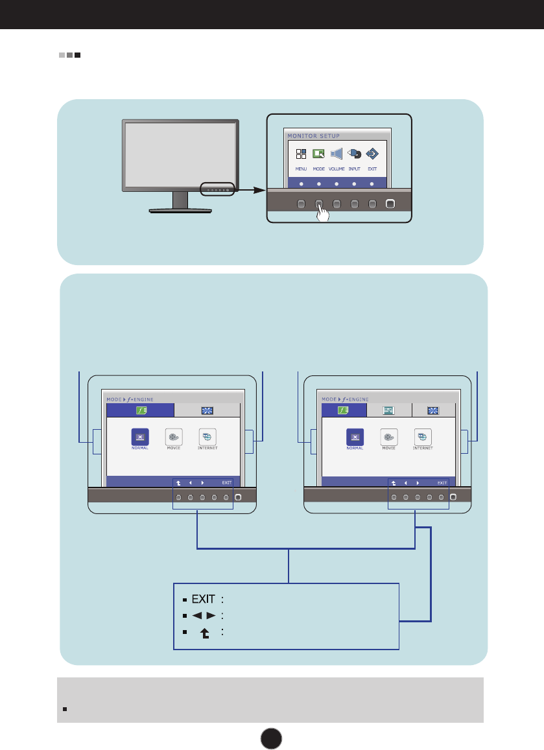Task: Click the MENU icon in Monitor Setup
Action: tap(301, 154)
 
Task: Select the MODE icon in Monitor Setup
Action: tap(318, 154)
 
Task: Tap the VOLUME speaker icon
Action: tap(336, 154)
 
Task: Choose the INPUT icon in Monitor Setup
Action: tap(354, 154)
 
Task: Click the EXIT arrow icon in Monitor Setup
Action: tap(372, 154)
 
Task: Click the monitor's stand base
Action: tap(180, 210)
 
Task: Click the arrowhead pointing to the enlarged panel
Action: tap(259, 191)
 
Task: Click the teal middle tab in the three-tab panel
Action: tap(389, 410)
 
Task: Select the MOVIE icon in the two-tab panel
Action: tap(173, 437)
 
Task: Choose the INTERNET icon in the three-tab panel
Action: tap(423, 437)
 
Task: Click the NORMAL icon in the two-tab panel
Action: tap(139, 437)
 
